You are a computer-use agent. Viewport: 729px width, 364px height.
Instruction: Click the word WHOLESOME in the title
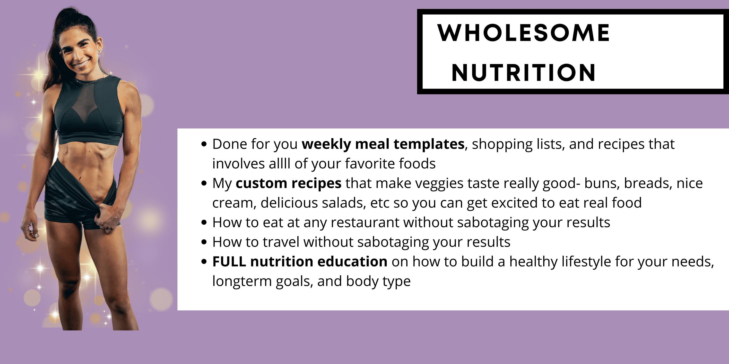pos(524,33)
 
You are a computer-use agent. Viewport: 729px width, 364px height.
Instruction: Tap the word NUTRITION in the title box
pos(524,73)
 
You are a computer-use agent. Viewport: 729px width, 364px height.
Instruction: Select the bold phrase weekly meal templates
pos(383,144)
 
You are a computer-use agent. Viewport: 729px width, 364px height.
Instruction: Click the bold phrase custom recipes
pos(288,183)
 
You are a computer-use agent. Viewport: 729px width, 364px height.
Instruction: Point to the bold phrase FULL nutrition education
pos(300,261)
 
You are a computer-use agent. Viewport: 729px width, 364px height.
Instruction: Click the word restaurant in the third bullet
pos(365,223)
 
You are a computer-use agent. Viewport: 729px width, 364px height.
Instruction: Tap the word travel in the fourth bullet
pos(281,242)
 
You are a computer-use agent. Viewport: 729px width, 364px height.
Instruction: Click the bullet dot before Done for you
pos(204,144)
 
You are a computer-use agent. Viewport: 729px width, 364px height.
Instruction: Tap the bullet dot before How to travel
pos(204,242)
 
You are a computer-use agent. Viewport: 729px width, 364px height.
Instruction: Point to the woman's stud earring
pos(100,51)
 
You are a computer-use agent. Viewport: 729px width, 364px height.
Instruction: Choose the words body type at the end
pos(378,281)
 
